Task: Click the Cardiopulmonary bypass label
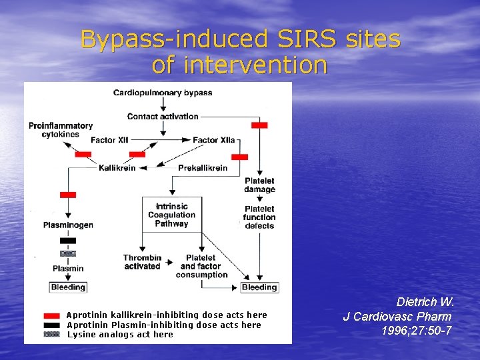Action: pyautogui.click(x=163, y=93)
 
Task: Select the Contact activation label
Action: pyautogui.click(x=163, y=116)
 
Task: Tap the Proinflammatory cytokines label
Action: pyautogui.click(x=61, y=130)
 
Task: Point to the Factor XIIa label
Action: pyautogui.click(x=213, y=140)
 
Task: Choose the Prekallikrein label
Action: pyautogui.click(x=203, y=168)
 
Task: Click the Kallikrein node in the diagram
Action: pyautogui.click(x=117, y=168)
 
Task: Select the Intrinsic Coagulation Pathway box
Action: pyautogui.click(x=171, y=215)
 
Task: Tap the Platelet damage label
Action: pyautogui.click(x=259, y=185)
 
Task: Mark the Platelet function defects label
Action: pyautogui.click(x=259, y=217)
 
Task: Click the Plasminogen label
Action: pyautogui.click(x=68, y=225)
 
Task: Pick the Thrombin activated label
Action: pyautogui.click(x=142, y=262)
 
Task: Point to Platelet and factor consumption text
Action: pyautogui.click(x=201, y=266)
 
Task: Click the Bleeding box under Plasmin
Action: pyautogui.click(x=68, y=287)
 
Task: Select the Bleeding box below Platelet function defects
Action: pyautogui.click(x=259, y=287)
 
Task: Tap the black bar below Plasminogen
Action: pyautogui.click(x=68, y=241)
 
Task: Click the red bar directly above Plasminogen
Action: pyautogui.click(x=68, y=195)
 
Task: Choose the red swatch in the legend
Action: pyautogui.click(x=51, y=315)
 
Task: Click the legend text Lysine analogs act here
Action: pyautogui.click(x=120, y=335)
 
